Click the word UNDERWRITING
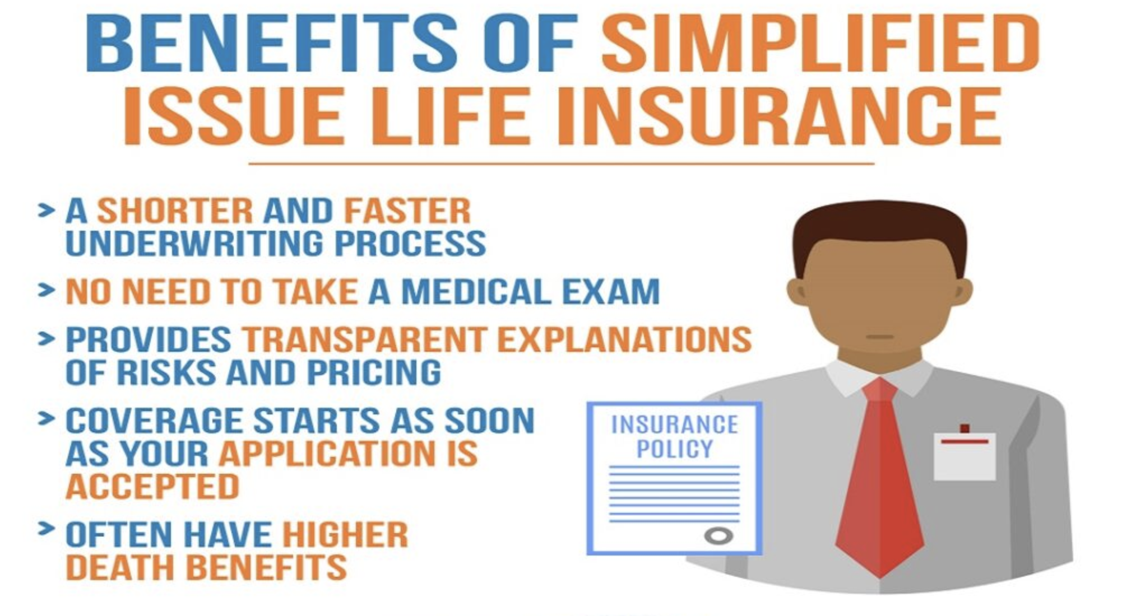195,243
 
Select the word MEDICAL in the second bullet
476,292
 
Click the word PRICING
374,372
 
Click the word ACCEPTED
153,486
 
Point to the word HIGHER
345,534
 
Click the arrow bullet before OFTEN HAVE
46,529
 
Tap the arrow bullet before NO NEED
46,290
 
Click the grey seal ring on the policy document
718,536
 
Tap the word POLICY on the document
675,449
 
